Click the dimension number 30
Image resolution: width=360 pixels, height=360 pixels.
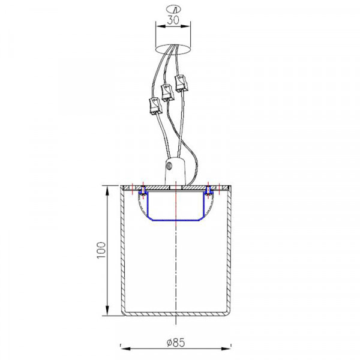pos(173,20)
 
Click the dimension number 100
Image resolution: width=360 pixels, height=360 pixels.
pos(101,250)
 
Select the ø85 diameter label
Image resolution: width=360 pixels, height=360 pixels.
pos(176,343)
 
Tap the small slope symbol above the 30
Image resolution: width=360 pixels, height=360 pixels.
pos(173,9)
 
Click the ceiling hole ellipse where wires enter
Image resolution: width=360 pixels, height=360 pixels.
pos(173,49)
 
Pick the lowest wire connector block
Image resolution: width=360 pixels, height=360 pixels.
pos(155,106)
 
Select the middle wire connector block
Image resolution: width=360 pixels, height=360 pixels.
pos(167,92)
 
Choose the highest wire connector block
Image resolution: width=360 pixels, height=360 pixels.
pos(181,83)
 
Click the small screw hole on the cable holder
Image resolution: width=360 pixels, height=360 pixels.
pos(170,166)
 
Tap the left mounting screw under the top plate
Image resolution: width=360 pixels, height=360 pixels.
pos(143,191)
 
